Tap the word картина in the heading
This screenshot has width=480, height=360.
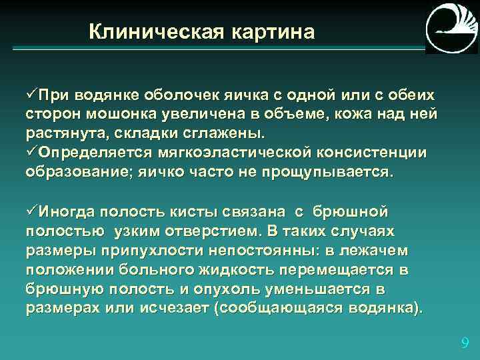click(x=273, y=31)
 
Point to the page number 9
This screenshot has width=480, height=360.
click(x=465, y=344)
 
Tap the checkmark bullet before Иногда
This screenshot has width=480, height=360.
click(x=31, y=213)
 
